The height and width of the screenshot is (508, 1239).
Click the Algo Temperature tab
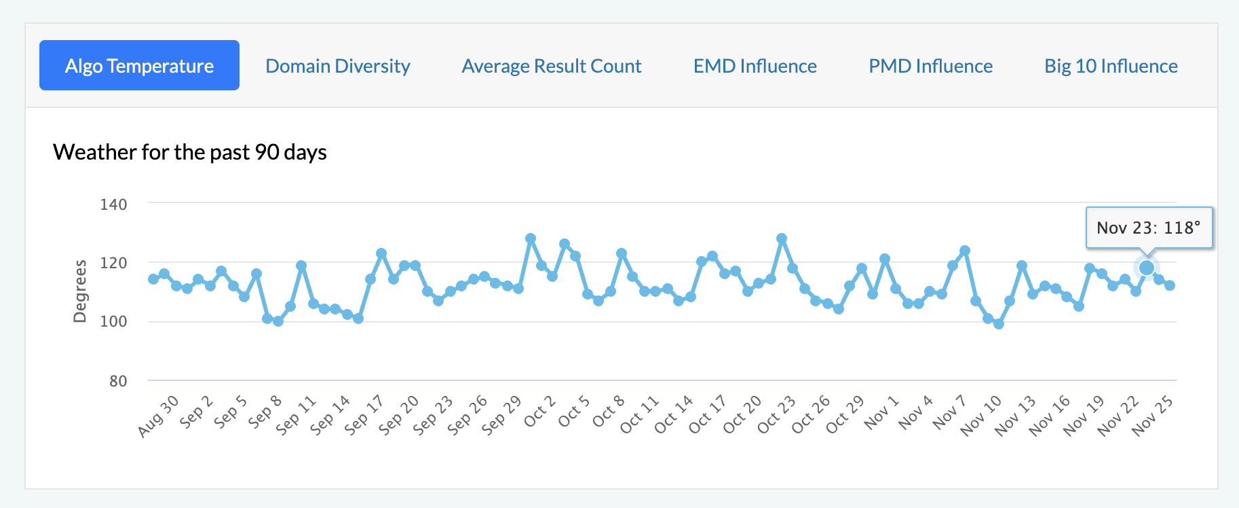(x=139, y=66)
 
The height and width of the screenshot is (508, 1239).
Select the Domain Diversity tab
(x=338, y=66)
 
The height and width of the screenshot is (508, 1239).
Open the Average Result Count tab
(x=552, y=66)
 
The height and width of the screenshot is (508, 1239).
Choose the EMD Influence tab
(x=755, y=66)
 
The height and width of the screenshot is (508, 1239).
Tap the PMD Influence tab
(x=931, y=66)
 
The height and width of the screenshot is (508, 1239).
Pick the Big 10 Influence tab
(x=1111, y=66)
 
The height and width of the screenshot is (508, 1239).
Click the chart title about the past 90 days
(x=190, y=152)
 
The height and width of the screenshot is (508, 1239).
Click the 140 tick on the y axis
(x=113, y=204)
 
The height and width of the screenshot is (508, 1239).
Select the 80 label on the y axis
(x=118, y=381)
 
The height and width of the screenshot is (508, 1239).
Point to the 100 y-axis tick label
(x=113, y=321)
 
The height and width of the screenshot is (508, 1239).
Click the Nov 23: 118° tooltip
(x=1149, y=228)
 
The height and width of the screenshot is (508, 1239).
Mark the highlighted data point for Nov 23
(x=1147, y=268)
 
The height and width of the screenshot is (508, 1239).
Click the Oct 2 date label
(x=540, y=412)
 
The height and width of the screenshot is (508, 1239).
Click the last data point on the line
(x=1170, y=285)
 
